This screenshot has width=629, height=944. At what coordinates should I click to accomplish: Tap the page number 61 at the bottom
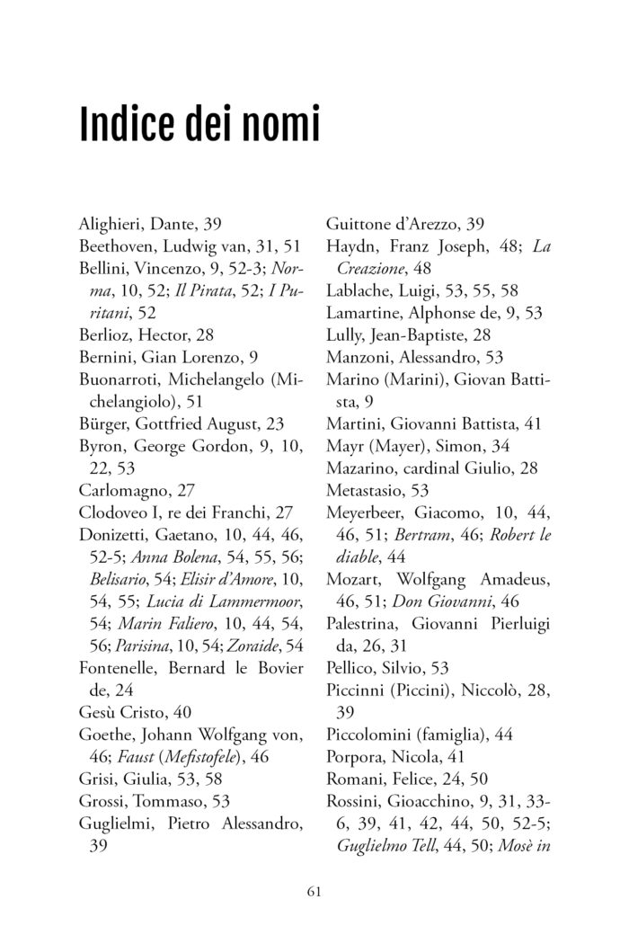click(x=314, y=891)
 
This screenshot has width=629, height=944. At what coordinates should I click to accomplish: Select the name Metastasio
click(x=365, y=491)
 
